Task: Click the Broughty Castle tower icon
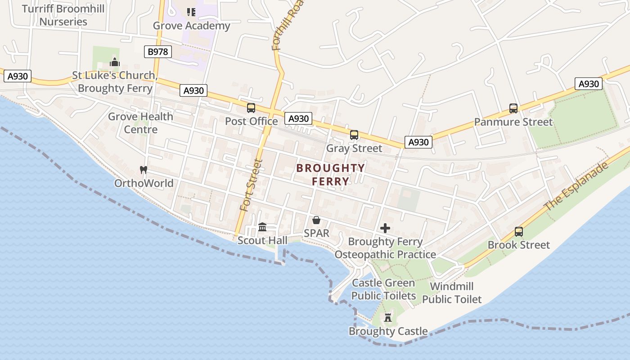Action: [x=388, y=318]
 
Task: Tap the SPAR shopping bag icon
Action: [x=316, y=220]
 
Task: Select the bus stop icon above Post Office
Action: [x=251, y=108]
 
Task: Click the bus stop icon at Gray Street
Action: [x=354, y=135]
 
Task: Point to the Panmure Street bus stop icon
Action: [x=513, y=108]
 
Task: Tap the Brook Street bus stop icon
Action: [x=519, y=232]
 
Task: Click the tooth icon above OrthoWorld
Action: [x=144, y=170]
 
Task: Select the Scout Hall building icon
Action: [x=262, y=227]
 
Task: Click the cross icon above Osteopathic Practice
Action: [x=385, y=228]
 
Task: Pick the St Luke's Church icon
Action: [x=115, y=62]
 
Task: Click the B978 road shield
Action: [x=158, y=52]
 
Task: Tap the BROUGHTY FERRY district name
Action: [x=331, y=175]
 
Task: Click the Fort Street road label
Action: [x=251, y=185]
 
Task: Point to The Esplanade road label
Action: [x=576, y=186]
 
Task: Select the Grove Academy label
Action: [x=192, y=26]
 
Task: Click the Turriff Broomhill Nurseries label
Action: [x=63, y=15]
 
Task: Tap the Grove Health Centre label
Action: [x=140, y=123]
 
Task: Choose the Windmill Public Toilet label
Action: [x=452, y=293]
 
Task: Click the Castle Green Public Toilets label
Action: [x=383, y=289]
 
